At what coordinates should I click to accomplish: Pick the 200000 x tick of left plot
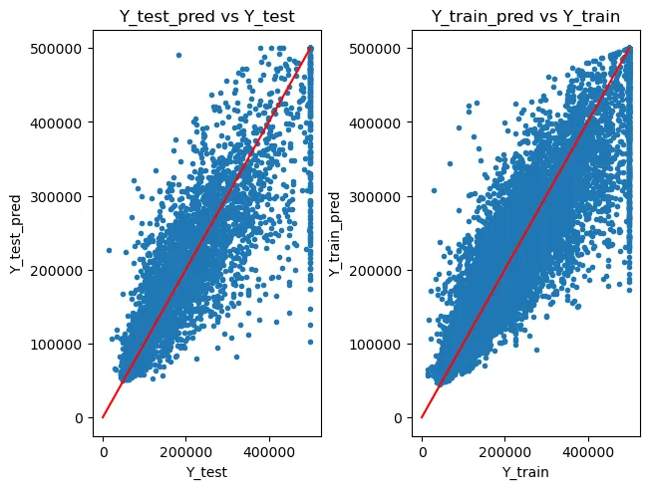pos(185,448)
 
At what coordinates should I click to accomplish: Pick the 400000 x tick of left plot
pos(269,448)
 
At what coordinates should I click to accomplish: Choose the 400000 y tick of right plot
pos(379,122)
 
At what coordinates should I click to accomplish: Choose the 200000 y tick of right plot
pos(379,270)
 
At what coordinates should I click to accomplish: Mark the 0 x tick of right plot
pos(422,448)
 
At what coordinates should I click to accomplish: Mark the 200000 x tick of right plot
pos(504,448)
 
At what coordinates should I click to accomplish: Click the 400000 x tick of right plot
pos(588,448)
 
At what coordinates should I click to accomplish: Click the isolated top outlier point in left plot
pos(178,55)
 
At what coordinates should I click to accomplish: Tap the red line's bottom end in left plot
pos(103,417)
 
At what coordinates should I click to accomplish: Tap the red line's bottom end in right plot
pos(422,417)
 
